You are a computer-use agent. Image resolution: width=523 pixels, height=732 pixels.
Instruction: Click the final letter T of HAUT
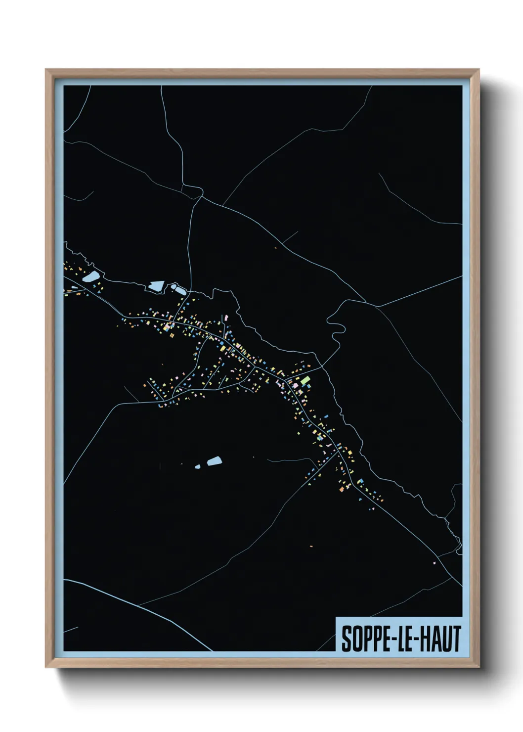(x=456, y=639)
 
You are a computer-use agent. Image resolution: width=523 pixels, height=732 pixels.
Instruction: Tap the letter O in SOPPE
(x=356, y=639)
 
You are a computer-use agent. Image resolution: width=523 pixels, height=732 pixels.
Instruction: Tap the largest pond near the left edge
(x=90, y=276)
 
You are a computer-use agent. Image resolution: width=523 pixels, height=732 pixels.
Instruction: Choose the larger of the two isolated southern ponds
(x=214, y=461)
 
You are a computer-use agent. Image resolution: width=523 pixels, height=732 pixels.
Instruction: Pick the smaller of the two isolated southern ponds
(x=198, y=466)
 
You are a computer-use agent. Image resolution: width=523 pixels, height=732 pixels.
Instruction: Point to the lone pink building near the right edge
(x=435, y=563)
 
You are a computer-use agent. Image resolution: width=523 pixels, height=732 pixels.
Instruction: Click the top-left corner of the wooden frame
(x=46, y=70)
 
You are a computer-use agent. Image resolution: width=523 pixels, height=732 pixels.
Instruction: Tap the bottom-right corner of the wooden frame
(x=479, y=666)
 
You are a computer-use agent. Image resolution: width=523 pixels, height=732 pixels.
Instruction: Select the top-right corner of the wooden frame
(x=479, y=70)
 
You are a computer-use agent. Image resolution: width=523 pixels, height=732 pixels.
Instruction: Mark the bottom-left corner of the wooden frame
(x=46, y=666)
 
